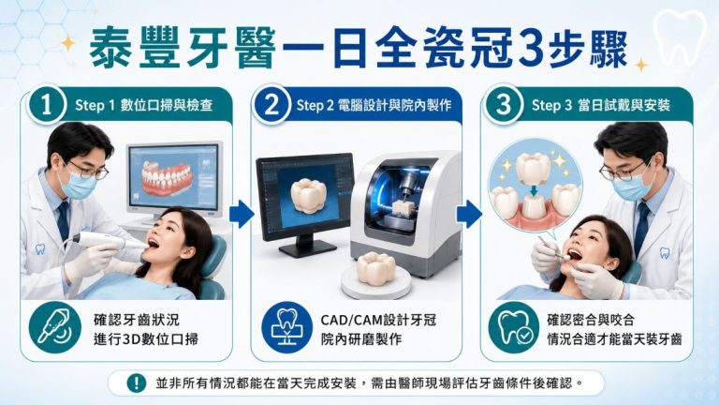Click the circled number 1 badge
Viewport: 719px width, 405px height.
46,105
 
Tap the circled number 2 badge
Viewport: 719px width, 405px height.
271,105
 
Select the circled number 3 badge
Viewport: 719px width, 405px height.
503,105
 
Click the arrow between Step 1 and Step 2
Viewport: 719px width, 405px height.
242,214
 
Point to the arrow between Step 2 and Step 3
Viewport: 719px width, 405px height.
469,214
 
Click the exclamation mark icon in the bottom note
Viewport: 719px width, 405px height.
136,382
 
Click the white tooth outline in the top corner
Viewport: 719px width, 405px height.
680,36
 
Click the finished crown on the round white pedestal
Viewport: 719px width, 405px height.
376,267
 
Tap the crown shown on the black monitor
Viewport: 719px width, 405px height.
308,196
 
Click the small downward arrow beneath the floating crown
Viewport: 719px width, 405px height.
533,189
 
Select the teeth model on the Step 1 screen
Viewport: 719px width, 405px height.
167,178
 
